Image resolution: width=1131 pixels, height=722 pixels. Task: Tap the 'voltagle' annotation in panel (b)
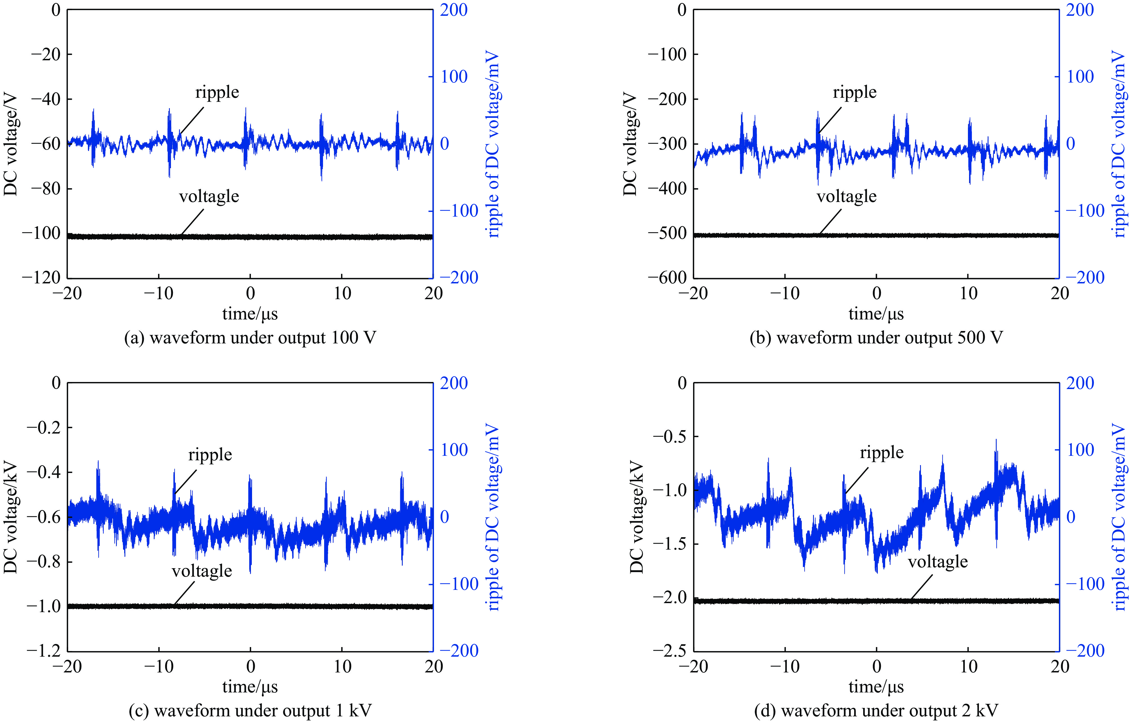click(846, 196)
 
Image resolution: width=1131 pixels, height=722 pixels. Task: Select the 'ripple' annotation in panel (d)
click(881, 452)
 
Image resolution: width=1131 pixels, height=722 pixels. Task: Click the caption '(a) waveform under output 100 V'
click(250, 338)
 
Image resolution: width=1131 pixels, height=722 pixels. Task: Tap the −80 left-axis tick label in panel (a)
click(46, 188)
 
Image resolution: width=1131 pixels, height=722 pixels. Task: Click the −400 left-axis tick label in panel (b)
click(667, 188)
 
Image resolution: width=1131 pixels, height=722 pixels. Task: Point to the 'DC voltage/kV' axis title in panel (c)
click(10, 517)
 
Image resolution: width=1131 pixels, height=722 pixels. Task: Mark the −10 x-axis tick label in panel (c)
click(159, 667)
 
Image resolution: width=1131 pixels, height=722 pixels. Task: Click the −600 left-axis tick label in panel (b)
click(667, 278)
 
